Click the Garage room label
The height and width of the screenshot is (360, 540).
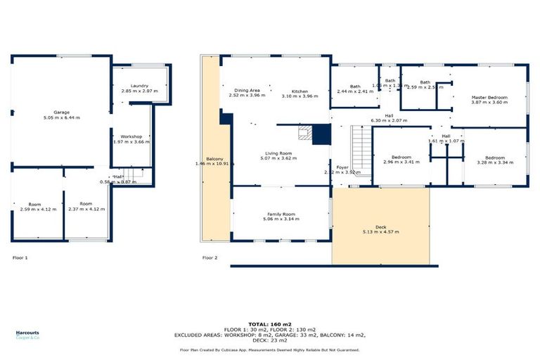point(62,112)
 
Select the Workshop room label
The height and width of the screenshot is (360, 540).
point(132,136)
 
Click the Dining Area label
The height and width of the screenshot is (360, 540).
point(247,90)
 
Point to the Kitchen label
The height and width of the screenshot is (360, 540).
point(300,91)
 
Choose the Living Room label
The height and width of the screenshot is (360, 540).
point(279,153)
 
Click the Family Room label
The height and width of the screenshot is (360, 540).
point(281,214)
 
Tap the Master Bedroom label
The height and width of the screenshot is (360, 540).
point(488,97)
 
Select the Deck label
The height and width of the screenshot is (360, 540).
point(380,226)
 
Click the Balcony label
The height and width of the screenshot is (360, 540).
point(214,159)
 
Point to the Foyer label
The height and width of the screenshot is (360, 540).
point(342,167)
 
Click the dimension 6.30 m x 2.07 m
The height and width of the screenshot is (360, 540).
point(388,120)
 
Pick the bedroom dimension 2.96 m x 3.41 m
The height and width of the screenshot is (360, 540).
point(401,162)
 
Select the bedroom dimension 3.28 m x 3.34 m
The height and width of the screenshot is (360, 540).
point(495,162)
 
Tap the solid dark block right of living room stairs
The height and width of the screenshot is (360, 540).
point(321,134)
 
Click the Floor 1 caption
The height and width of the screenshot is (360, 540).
point(20,258)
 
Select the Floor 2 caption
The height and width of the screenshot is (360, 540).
point(210,258)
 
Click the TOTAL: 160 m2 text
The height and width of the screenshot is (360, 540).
point(269,324)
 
